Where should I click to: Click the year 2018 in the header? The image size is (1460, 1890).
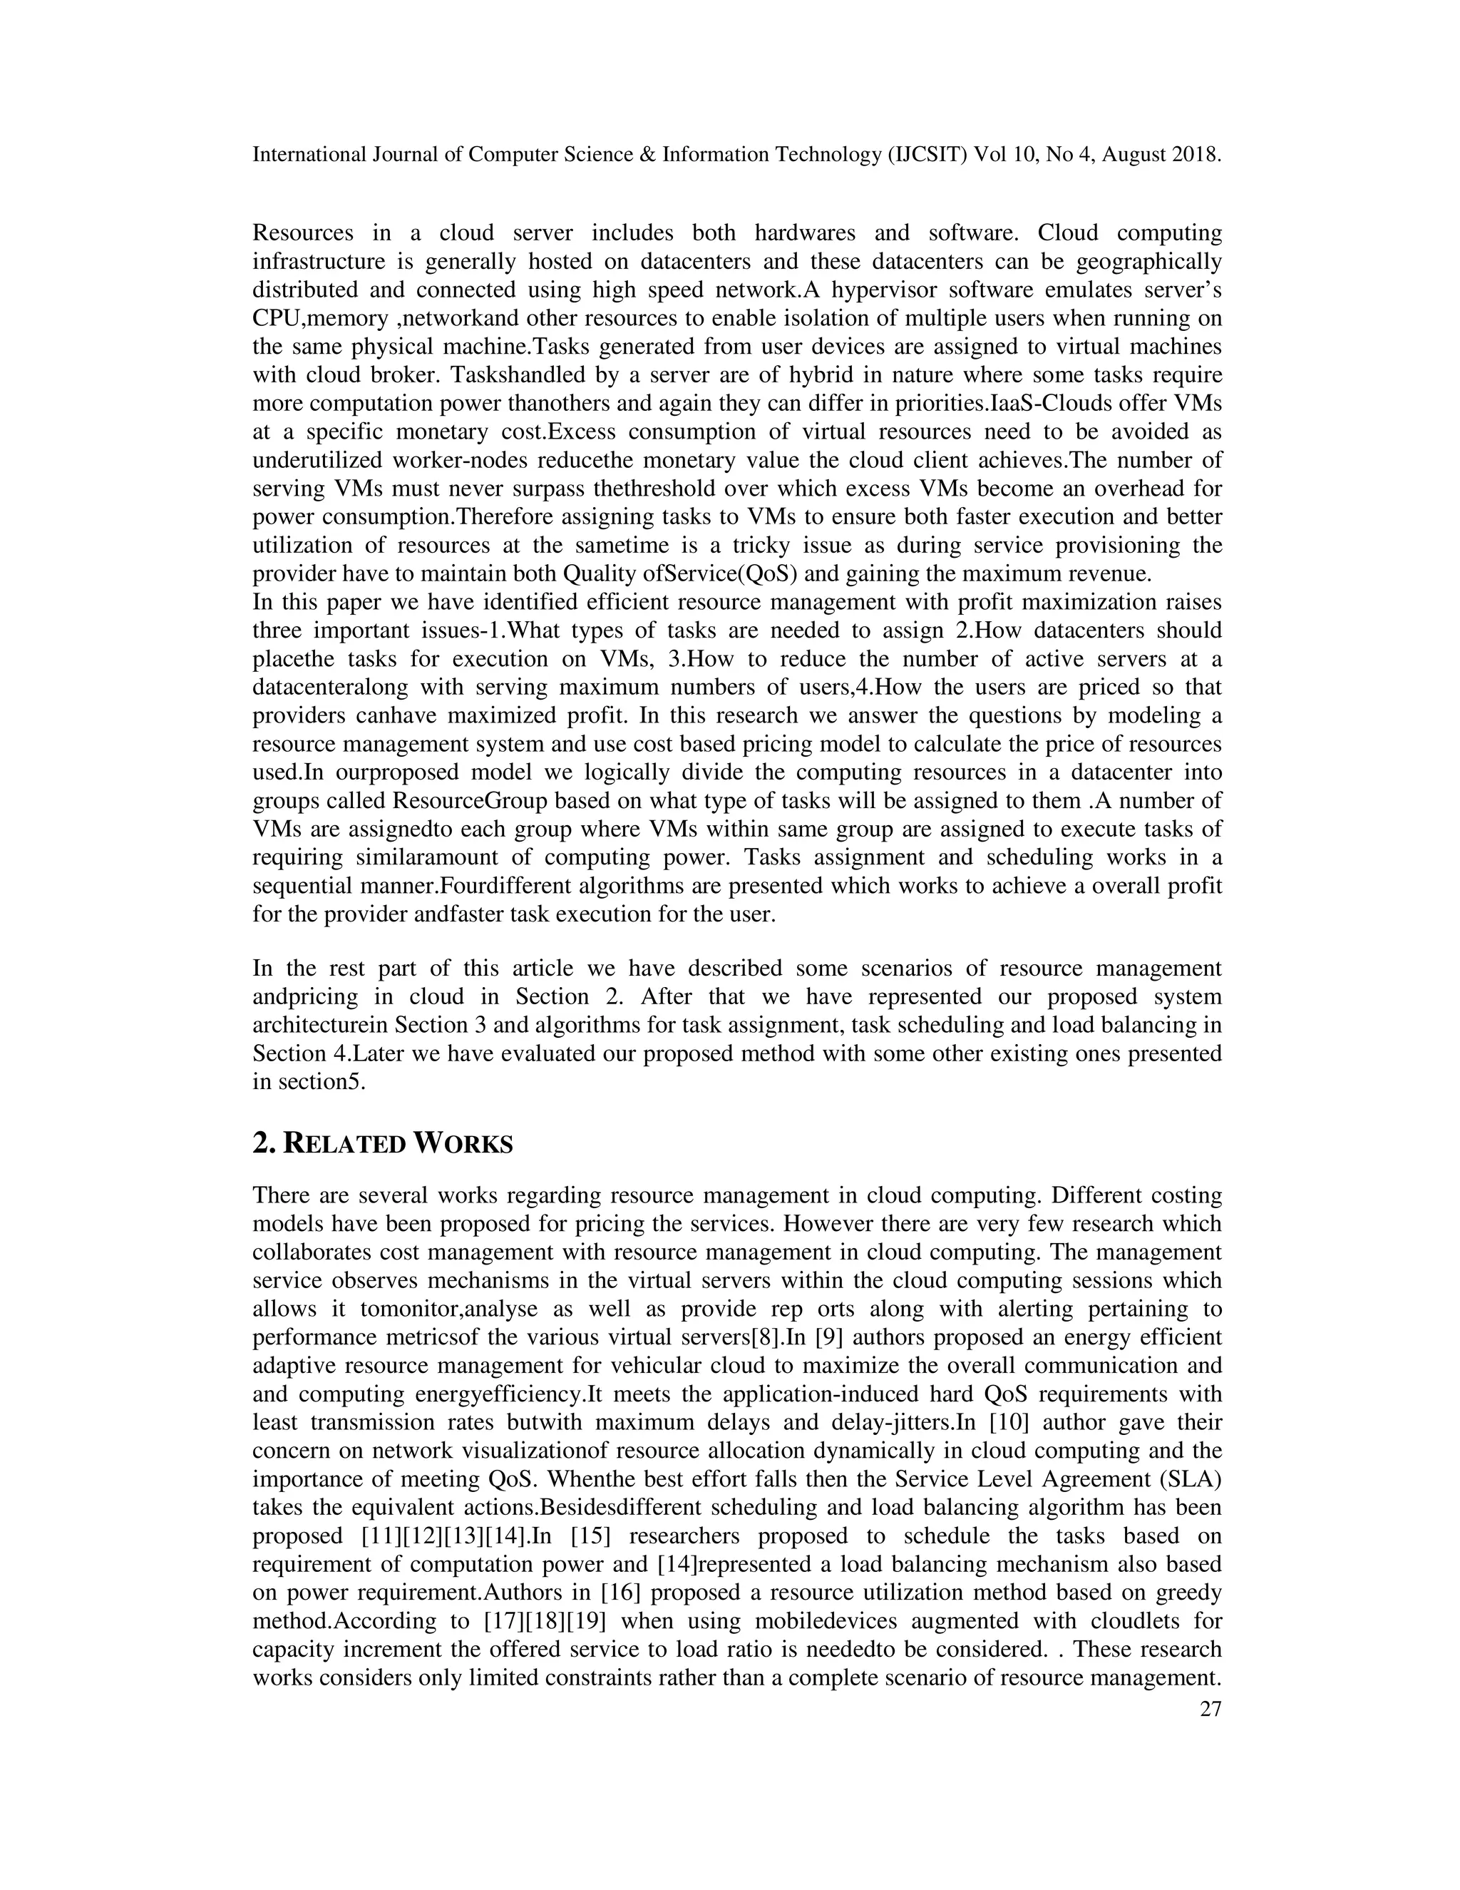click(x=1196, y=155)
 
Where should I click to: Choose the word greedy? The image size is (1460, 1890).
click(x=1183, y=1593)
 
